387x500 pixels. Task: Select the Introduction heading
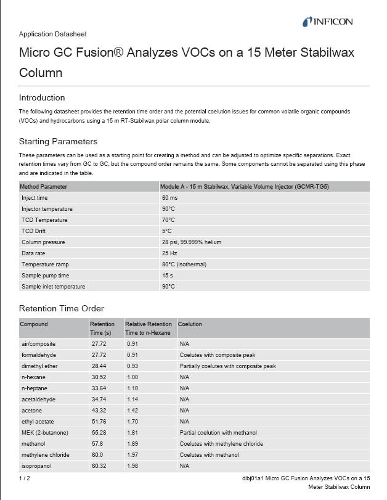point(42,97)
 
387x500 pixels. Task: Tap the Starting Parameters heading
point(58,141)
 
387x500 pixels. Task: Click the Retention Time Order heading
point(62,308)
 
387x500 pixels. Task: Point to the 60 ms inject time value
point(170,198)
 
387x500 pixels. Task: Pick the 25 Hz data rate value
point(169,253)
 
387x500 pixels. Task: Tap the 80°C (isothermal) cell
point(184,264)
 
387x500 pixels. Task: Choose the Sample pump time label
point(46,276)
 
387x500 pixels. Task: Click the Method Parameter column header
point(44,186)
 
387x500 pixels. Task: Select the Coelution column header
point(190,324)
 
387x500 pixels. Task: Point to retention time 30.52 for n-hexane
point(99,377)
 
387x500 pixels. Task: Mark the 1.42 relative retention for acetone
point(132,411)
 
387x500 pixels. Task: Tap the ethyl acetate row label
point(38,422)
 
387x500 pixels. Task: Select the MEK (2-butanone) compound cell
point(46,433)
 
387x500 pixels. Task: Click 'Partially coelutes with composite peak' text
point(227,366)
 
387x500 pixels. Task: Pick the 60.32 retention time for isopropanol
point(99,466)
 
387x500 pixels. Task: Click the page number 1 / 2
point(24,478)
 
